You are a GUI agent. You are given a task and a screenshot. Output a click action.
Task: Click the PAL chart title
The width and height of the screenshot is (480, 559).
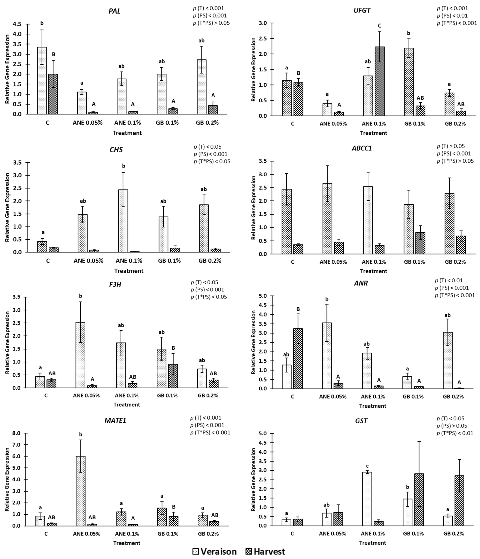click(114, 11)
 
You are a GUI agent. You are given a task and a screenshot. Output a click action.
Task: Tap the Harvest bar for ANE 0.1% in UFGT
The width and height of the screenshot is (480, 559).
click(379, 81)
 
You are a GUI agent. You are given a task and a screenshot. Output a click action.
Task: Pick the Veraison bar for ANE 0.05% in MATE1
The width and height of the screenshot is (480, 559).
click(81, 491)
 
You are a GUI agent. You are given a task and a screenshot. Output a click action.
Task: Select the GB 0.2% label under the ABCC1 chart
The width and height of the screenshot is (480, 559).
click(455, 262)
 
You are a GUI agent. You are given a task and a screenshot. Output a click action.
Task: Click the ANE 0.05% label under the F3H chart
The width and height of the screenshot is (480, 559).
click(86, 396)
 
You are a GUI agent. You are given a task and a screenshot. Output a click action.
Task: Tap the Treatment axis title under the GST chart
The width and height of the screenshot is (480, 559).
click(373, 543)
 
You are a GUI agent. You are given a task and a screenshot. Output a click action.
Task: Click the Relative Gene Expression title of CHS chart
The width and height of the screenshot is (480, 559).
click(7, 207)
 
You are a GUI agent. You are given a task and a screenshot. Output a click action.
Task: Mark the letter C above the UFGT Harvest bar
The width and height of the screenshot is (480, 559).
click(379, 26)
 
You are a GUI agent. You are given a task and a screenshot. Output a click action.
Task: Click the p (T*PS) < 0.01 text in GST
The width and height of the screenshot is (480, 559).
click(455, 433)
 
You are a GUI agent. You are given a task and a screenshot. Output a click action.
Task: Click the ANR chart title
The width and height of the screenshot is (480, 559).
click(361, 283)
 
